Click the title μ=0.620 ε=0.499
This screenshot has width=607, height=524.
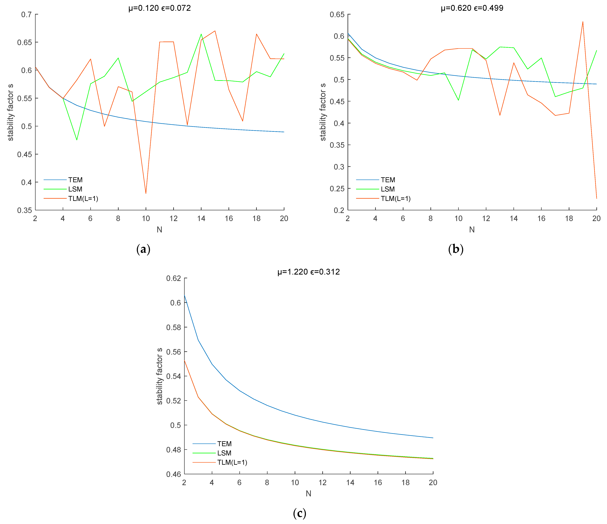(472, 8)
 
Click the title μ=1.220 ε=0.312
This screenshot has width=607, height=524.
(308, 272)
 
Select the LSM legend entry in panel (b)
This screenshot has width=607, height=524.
(388, 189)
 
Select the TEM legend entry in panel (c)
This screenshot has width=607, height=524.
(224, 444)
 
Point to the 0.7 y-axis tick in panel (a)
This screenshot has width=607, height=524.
(27, 14)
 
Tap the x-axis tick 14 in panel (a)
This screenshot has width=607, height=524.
(201, 219)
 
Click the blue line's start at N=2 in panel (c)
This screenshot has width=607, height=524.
(184, 295)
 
